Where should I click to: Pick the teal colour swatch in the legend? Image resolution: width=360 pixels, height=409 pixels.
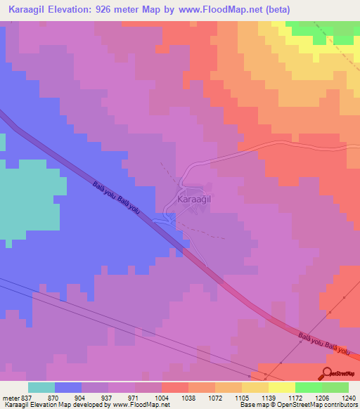41,387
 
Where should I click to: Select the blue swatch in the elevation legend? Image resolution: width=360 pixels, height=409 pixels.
68,387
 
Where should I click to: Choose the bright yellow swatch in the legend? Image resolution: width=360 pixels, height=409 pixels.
281,387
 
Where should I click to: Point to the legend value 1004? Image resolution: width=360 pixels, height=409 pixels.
162,398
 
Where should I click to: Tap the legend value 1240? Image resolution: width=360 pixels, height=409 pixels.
348,398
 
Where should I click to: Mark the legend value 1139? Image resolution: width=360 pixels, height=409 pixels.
268,398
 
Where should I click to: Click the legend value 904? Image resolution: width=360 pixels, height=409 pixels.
82,398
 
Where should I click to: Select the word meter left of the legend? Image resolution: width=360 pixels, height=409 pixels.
10,398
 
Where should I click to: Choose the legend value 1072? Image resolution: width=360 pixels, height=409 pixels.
214,398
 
